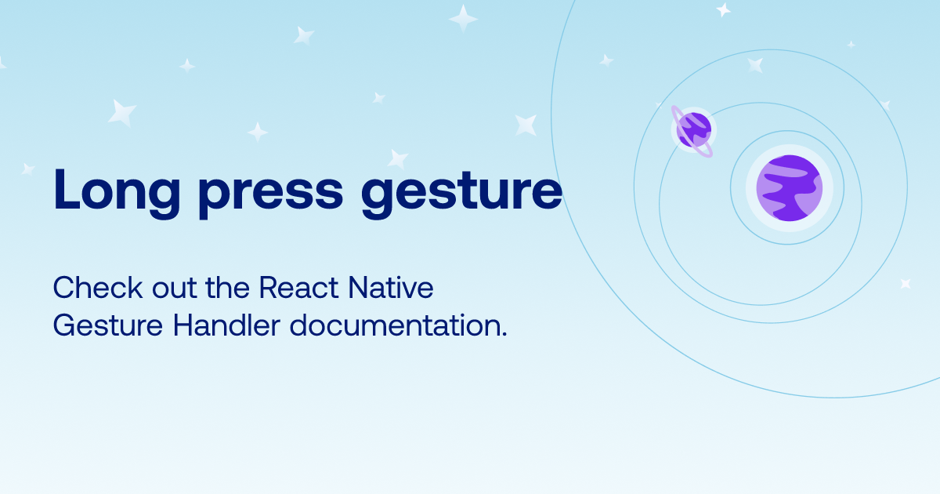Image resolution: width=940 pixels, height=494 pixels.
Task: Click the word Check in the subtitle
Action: pos(98,288)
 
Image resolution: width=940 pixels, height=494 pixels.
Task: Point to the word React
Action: pos(298,288)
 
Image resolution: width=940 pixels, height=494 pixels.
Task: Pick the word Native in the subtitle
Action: pos(391,288)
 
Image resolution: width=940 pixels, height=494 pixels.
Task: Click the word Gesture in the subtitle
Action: pos(108,326)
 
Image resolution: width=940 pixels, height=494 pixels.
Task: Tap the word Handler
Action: pos(226,325)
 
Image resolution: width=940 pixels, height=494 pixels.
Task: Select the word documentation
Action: pos(395,325)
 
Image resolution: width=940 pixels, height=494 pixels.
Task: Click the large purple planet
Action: pos(790,188)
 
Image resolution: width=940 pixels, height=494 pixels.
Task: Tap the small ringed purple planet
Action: pos(694,130)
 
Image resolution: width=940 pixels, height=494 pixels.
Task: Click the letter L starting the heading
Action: pos(67,189)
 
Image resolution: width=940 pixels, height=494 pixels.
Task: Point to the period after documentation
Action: pos(504,334)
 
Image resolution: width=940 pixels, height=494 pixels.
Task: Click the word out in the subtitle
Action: pos(174,289)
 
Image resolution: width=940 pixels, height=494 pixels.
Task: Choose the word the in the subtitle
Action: pos(227,288)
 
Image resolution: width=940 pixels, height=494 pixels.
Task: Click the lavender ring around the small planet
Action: pos(674,114)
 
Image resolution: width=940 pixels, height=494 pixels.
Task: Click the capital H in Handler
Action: pos(183,325)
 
